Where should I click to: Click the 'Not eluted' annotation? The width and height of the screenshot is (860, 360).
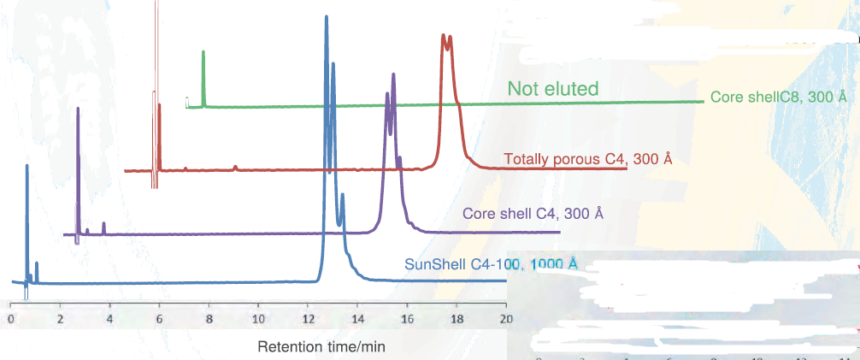point(552,88)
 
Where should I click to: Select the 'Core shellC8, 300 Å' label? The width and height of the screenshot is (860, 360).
point(780,97)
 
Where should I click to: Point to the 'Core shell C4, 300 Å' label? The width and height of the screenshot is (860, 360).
point(533,213)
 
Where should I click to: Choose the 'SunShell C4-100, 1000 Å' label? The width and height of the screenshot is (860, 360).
point(491,263)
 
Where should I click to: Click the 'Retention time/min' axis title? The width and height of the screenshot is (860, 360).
point(321,346)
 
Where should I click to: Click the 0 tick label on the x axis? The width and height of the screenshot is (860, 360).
point(9,318)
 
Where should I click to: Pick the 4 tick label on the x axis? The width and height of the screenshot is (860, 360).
point(109,318)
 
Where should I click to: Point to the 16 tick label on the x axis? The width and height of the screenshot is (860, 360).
point(407,318)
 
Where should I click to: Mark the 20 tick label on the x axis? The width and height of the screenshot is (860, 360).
point(505,318)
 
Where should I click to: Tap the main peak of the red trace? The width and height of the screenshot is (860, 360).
point(443,37)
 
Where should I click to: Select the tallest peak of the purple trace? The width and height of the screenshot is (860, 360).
point(393,75)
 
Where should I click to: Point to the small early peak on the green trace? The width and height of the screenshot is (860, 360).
point(203,53)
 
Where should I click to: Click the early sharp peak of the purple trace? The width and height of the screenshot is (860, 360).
point(78,109)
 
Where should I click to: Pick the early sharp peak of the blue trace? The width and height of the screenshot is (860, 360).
point(27,166)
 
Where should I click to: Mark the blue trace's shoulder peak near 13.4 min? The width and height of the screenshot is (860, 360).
point(342,196)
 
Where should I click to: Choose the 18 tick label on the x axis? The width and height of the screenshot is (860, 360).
point(456,318)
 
